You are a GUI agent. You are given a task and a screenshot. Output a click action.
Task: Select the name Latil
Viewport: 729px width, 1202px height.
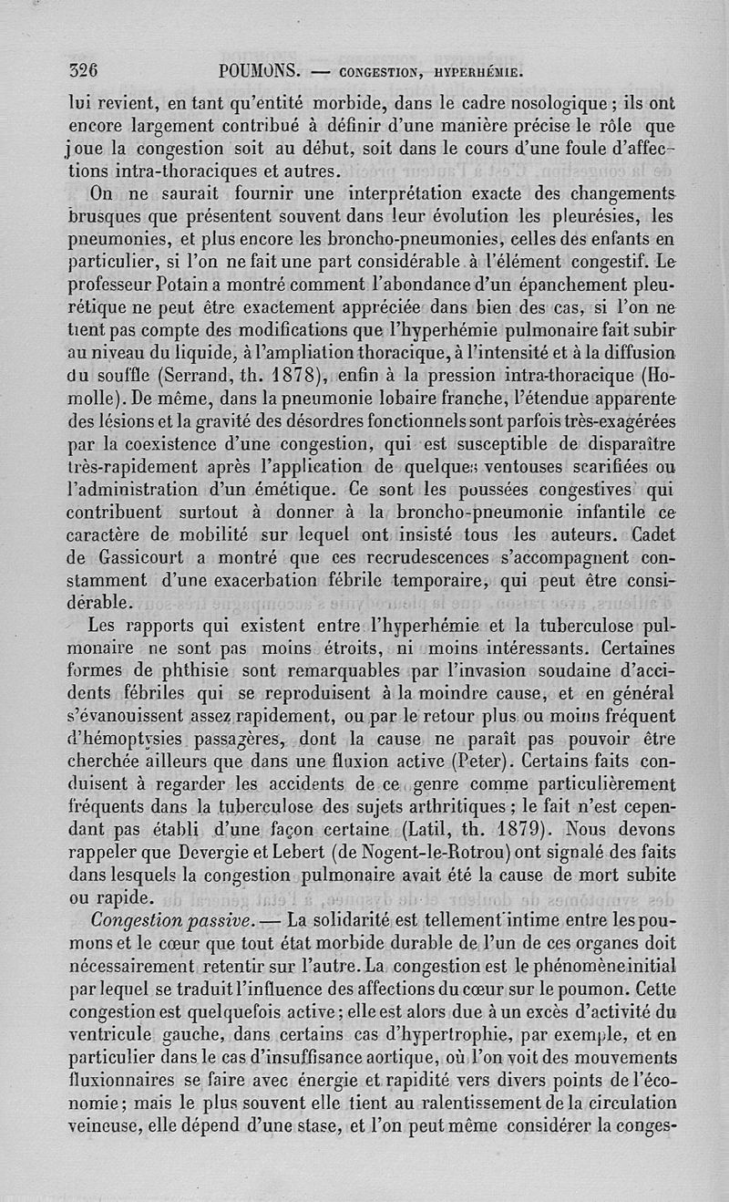click(430, 830)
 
